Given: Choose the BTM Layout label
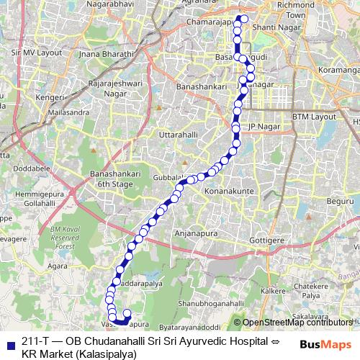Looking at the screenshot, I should pos(313,116).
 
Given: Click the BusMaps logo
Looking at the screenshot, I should pos(325,344).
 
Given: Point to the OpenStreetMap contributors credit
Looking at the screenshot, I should pos(296,323).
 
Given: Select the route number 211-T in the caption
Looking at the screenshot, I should pos(35,340).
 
